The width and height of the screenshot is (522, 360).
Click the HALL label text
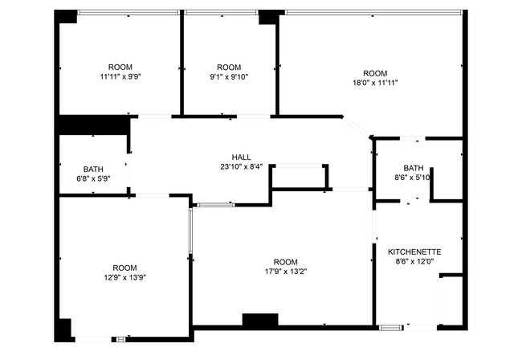coord(242,157)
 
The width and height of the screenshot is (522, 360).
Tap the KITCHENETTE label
coord(414,252)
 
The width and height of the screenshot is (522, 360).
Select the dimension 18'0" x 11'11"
coord(375,83)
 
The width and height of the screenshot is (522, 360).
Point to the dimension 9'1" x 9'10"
coord(229,77)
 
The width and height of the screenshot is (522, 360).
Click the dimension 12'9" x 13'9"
coord(124,277)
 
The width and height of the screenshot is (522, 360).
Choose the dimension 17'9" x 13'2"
coord(286,272)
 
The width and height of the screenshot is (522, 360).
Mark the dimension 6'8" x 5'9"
coord(93,179)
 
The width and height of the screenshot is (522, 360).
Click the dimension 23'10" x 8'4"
coord(242,166)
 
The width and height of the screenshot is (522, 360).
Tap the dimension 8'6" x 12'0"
coord(414,261)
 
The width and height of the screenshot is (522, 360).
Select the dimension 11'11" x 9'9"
coord(120,76)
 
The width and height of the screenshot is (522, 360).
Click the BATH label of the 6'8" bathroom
coord(93,170)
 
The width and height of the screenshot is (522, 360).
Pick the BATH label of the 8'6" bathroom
coord(414,168)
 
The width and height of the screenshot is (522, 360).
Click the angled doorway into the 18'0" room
coord(356,126)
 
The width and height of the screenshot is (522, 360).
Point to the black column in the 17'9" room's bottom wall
coord(260,319)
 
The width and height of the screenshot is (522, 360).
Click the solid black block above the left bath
coord(95,125)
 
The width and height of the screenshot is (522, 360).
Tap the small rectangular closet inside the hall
coord(300,177)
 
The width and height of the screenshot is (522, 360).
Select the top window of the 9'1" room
coord(222,13)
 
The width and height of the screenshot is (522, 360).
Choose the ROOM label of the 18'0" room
coord(375,73)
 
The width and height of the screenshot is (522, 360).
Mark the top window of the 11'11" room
coord(128,13)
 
